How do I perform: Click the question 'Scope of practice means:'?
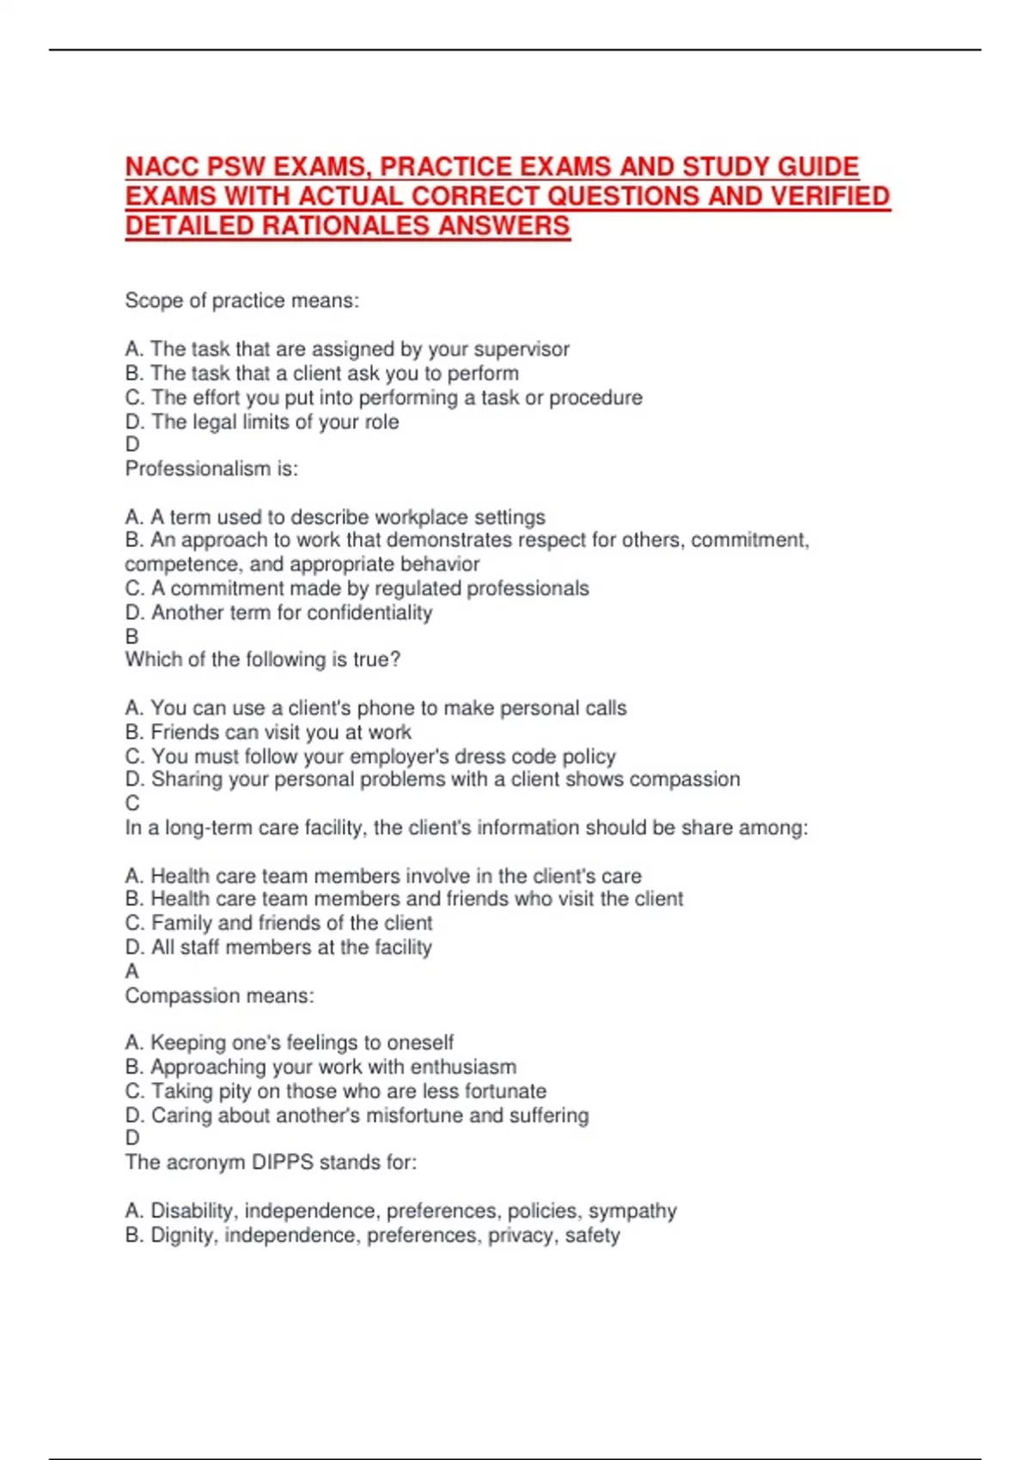[x=241, y=301]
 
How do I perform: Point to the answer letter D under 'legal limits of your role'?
[x=132, y=444]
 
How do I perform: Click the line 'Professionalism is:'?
[x=211, y=469]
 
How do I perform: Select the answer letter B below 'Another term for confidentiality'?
[x=132, y=636]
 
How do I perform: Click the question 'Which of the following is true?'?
[x=263, y=660]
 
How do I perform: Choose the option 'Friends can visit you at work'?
[x=268, y=733]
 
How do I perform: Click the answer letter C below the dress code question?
[x=132, y=803]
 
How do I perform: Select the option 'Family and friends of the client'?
[x=278, y=923]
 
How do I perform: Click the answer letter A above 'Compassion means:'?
[x=132, y=971]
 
